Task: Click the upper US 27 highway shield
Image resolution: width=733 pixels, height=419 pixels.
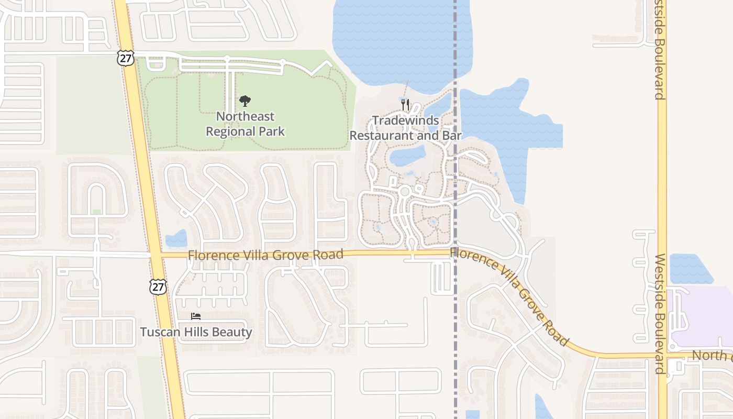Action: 126,58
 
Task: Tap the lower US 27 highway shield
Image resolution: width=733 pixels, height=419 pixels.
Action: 158,286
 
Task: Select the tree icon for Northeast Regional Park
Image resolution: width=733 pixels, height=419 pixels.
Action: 245,101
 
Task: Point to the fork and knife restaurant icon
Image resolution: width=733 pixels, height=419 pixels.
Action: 405,104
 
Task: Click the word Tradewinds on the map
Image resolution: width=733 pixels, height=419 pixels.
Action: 406,120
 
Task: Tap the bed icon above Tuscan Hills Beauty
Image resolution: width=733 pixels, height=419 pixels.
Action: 196,316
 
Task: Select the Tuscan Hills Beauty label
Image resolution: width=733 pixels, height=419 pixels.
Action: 196,332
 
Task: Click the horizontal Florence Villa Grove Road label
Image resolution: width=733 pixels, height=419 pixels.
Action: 265,255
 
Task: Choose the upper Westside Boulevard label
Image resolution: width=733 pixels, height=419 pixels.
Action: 659,50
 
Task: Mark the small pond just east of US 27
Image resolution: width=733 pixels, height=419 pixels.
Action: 176,239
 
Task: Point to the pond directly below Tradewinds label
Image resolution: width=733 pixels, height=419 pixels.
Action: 408,155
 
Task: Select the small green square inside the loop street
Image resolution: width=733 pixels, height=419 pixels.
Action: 97,212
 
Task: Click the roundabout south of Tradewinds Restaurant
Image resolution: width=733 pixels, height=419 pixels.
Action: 404,192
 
